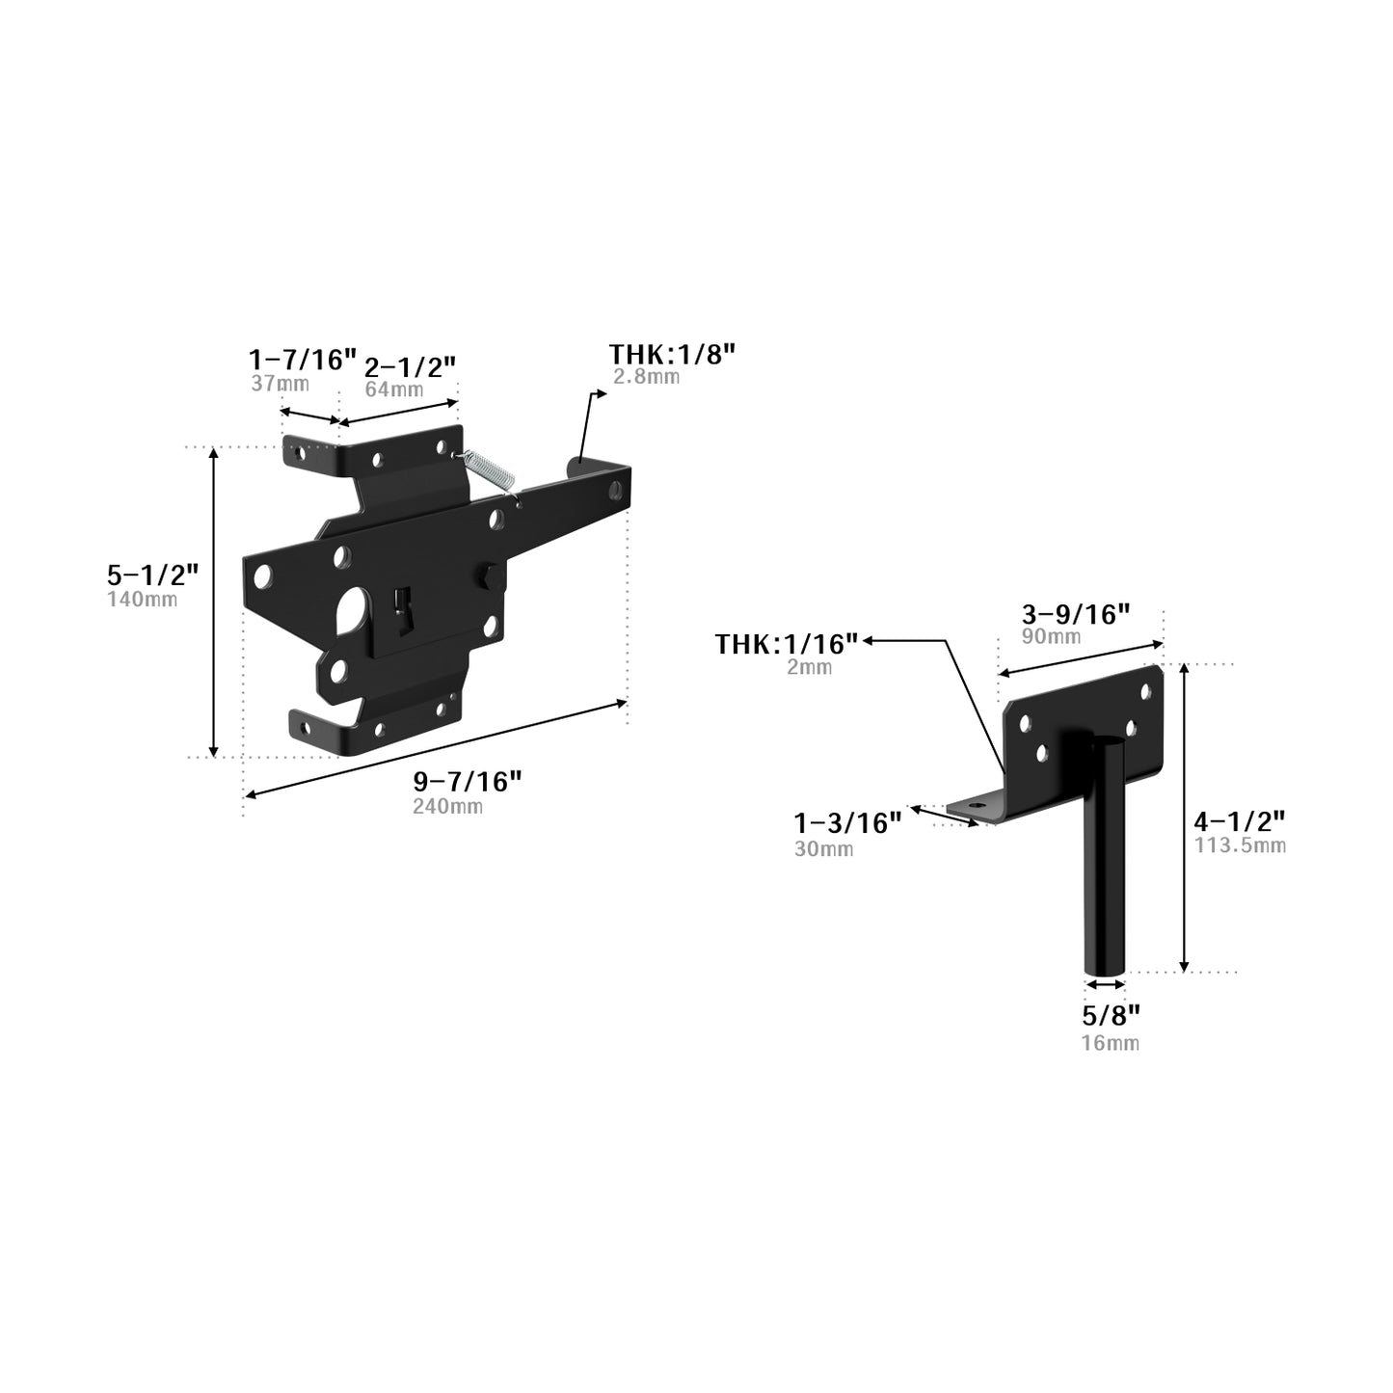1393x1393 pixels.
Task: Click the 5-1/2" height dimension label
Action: [152, 575]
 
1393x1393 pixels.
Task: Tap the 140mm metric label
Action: [143, 600]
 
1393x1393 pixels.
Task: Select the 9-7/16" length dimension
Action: [467, 782]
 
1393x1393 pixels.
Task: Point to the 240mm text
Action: [447, 806]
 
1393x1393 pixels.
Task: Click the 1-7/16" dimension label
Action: [303, 360]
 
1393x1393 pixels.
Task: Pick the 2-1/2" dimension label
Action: [410, 367]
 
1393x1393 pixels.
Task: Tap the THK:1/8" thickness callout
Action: [672, 354]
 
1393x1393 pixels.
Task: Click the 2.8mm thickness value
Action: [646, 377]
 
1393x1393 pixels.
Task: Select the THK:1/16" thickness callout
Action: [787, 644]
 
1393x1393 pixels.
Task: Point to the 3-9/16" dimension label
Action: [1076, 614]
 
